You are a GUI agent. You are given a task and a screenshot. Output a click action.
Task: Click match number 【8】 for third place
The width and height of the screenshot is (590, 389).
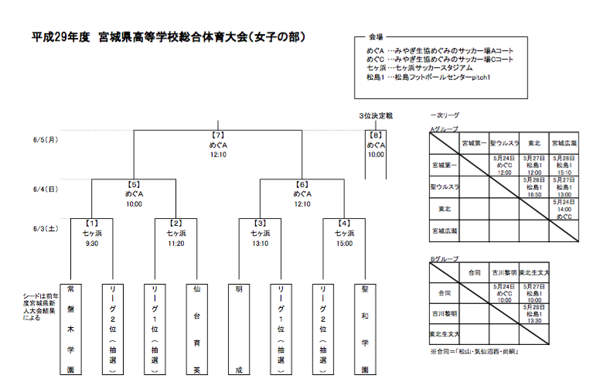tap(375, 135)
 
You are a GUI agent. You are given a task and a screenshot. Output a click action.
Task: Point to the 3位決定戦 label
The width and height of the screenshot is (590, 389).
tap(375, 115)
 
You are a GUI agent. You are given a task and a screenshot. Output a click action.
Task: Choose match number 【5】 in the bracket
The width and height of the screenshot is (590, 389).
tap(134, 185)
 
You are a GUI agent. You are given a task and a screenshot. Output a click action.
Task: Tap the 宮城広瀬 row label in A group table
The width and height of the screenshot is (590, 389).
tap(445, 230)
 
